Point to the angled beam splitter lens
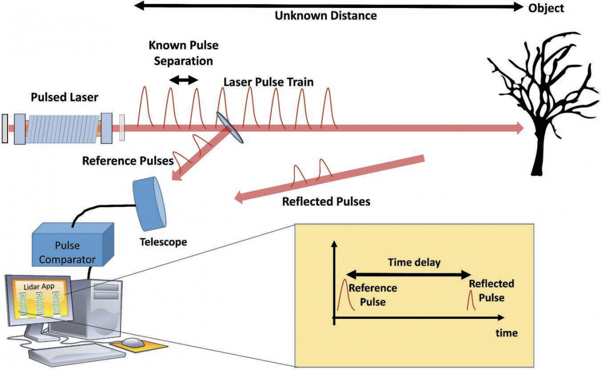coord(230,127)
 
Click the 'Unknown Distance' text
coord(326,16)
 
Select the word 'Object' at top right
coord(546,8)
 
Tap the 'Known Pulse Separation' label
coord(183,53)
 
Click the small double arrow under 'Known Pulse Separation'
coord(183,79)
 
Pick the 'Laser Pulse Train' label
coord(268,82)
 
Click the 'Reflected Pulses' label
coord(326,202)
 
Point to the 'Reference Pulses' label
coord(128,161)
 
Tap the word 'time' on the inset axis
coord(507,332)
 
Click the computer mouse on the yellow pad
coord(133,342)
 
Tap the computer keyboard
coord(75,354)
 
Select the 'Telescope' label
coord(163,242)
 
